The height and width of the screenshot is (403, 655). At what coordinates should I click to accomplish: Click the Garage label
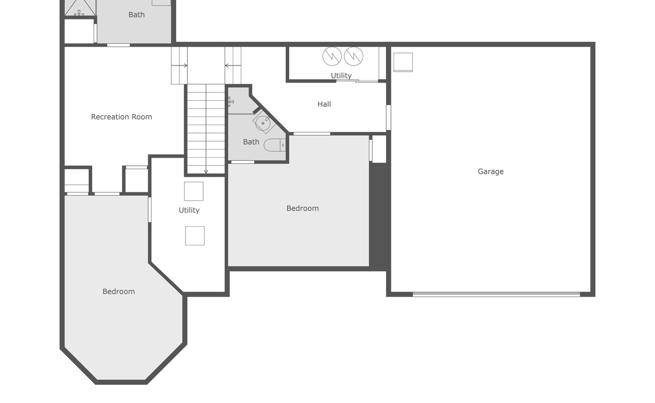[x=490, y=171]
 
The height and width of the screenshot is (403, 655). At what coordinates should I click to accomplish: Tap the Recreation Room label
[x=121, y=117]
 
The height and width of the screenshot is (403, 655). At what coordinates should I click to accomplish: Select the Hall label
[x=324, y=104]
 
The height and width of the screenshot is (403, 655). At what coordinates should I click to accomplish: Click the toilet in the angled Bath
[x=275, y=145]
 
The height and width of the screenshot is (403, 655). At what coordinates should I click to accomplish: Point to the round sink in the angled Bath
[x=263, y=123]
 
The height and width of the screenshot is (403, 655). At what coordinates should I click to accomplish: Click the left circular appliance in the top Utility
[x=332, y=56]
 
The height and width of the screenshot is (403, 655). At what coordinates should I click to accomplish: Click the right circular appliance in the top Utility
[x=353, y=56]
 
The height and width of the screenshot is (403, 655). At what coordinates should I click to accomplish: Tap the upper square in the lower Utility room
[x=193, y=191]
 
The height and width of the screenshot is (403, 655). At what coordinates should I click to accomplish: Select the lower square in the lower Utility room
[x=194, y=236]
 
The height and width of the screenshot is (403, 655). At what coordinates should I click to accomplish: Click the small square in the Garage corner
[x=403, y=62]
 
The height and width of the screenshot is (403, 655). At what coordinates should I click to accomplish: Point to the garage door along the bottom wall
[x=496, y=294]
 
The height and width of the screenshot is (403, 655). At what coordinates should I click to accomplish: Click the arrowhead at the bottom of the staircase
[x=206, y=172]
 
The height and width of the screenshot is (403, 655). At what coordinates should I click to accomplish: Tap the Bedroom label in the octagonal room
[x=118, y=291]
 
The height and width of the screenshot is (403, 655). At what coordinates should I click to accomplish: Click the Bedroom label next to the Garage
[x=302, y=208]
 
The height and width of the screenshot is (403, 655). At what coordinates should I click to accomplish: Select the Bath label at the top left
[x=136, y=15]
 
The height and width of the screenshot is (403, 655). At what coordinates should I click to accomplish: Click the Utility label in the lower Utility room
[x=189, y=210]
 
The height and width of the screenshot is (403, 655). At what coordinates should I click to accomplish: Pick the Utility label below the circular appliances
[x=341, y=76]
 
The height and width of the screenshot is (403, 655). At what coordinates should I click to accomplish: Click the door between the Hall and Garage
[x=388, y=117]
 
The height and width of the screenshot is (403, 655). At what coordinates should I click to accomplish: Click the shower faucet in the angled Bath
[x=230, y=102]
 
